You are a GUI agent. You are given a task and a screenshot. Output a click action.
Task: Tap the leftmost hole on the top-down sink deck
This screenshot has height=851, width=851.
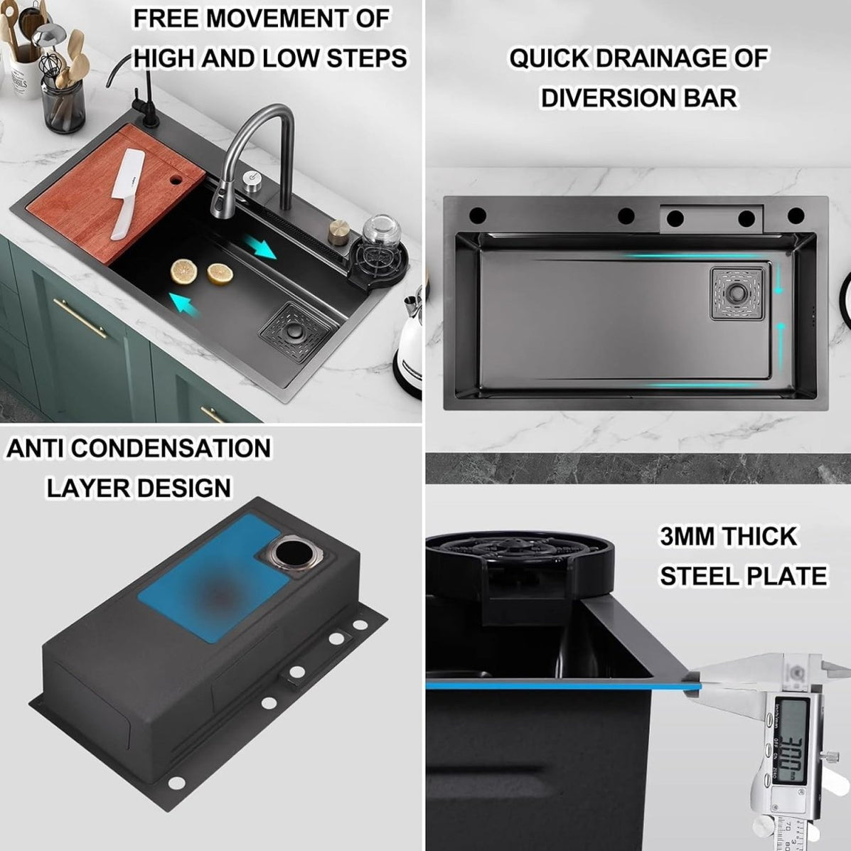477,214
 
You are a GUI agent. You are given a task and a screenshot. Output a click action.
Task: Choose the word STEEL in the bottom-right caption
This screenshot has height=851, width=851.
700,575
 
